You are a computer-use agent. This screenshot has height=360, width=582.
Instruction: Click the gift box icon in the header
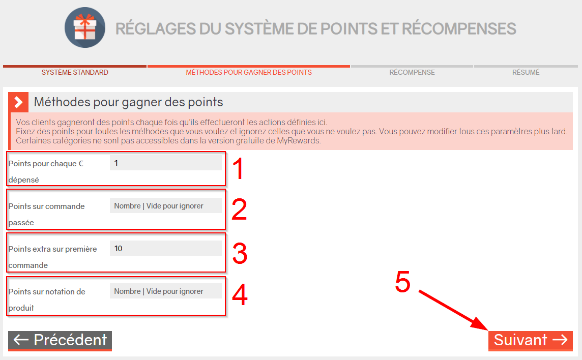click(84, 27)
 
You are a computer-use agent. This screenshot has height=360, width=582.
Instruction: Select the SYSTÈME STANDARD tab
click(75, 72)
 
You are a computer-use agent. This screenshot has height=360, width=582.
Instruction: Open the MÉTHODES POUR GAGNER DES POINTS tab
click(249, 72)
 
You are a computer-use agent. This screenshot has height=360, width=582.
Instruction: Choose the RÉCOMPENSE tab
click(412, 72)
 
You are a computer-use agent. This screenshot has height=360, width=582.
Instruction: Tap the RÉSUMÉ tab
click(526, 72)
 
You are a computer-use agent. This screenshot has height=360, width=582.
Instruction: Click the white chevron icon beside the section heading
click(18, 102)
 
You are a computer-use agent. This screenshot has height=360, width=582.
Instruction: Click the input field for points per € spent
click(165, 163)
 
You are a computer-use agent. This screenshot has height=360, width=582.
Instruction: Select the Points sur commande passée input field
click(165, 205)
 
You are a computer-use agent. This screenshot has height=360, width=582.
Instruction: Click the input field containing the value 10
click(165, 248)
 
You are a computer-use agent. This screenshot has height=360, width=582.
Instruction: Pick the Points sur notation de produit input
click(165, 291)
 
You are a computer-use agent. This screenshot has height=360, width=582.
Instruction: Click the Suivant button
click(531, 340)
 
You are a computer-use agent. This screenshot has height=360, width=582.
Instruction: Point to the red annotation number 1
click(238, 168)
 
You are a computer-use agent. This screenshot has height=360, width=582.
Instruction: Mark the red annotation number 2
click(240, 209)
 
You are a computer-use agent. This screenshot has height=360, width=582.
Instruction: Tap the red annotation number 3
click(240, 253)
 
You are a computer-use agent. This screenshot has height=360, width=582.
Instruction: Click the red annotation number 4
click(240, 294)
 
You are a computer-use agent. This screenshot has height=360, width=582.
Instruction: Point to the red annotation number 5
click(403, 282)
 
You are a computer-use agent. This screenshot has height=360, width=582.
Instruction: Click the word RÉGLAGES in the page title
click(156, 29)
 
